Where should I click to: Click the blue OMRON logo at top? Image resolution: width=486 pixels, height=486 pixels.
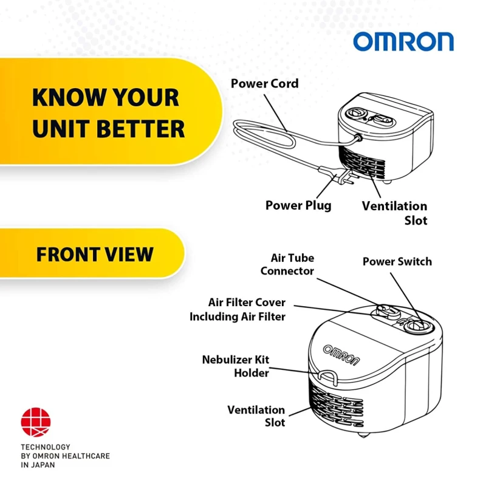coord(403,41)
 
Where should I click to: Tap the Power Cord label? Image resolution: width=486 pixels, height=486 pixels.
coord(265,83)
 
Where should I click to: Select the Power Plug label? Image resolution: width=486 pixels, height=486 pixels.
coord(298,205)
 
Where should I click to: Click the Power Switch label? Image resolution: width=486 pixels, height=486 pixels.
coord(397,261)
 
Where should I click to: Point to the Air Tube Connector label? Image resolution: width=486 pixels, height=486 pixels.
coord(287,264)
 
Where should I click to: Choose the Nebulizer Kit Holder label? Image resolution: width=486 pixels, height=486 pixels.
coord(236,366)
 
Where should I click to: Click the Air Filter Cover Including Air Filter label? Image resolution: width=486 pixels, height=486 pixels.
coord(238,309)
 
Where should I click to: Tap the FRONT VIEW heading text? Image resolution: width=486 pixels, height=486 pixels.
coord(95,254)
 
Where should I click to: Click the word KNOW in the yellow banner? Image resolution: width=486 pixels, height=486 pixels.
coord(69,97)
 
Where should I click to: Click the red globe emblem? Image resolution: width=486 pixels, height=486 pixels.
coord(36,422)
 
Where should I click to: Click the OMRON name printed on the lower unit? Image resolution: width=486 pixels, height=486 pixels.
coord(341,355)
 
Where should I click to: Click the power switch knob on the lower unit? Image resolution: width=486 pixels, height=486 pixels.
coord(417,326)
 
